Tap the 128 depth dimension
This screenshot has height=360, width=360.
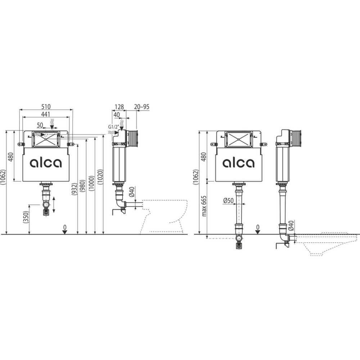(x=120, y=107)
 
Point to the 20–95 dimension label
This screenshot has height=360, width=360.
(x=142, y=107)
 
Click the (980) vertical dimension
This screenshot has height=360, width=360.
(x=83, y=185)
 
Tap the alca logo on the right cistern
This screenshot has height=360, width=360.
(x=238, y=163)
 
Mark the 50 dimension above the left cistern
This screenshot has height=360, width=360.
(x=40, y=125)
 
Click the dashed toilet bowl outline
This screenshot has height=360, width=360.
(x=169, y=216)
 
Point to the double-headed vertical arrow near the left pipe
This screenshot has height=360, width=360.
(x=54, y=205)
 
